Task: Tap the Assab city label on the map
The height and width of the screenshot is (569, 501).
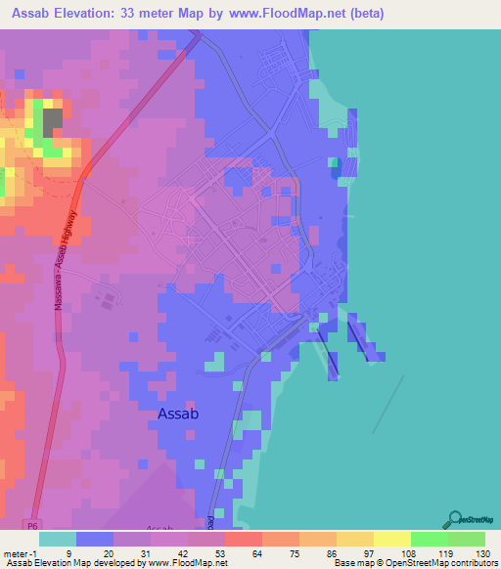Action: coord(179,414)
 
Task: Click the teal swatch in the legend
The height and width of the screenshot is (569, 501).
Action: coord(57,539)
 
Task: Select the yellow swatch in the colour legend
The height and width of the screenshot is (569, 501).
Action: coord(391,539)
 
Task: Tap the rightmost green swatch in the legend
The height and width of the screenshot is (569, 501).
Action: coord(466,539)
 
